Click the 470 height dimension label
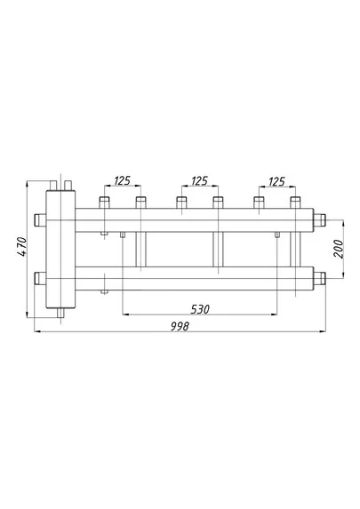[21, 247]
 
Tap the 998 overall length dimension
[180, 326]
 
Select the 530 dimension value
[200, 309]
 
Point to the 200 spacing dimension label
[339, 249]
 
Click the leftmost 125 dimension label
[122, 181]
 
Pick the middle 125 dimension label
[199, 181]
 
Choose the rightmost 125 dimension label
[276, 181]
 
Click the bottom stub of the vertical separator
[60, 313]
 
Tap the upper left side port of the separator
[40, 220]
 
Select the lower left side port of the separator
[40, 278]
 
